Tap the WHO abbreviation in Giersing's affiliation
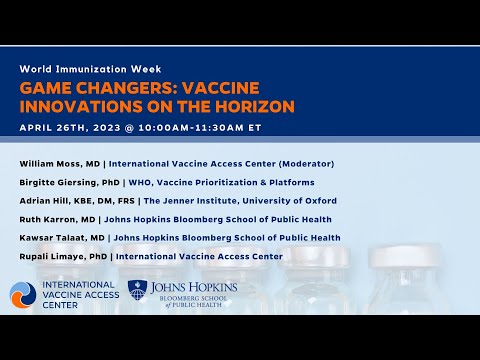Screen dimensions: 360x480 [x=137, y=182]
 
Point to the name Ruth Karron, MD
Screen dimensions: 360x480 [x=55, y=219]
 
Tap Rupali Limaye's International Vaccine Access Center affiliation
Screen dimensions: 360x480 [x=199, y=256]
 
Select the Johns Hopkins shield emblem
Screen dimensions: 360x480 [x=139, y=293]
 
